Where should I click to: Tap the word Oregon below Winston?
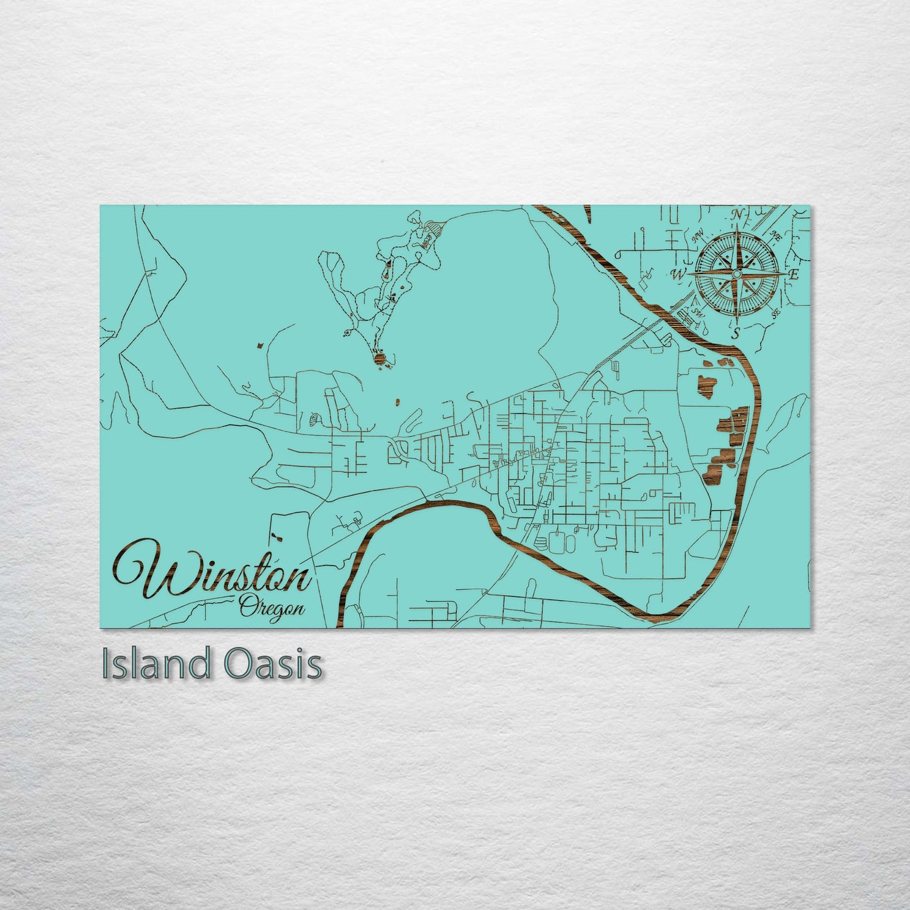[273, 608]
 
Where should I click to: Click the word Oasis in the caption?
[272, 664]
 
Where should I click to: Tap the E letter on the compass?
[794, 275]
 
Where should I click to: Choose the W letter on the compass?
[679, 275]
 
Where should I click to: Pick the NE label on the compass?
[776, 236]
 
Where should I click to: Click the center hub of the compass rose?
[736, 274]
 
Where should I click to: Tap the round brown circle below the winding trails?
[379, 358]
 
